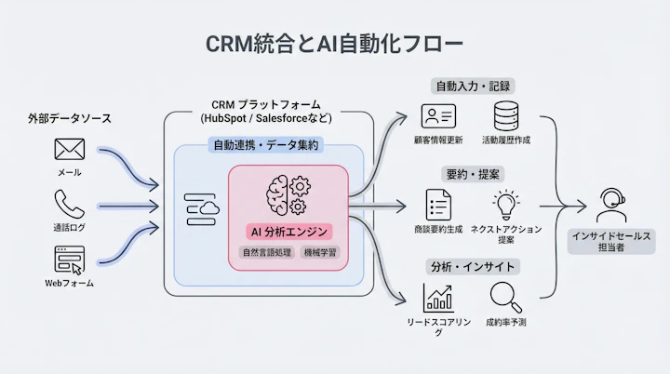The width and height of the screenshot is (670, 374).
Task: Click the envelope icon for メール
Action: click(69, 149)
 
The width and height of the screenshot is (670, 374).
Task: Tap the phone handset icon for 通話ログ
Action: click(69, 204)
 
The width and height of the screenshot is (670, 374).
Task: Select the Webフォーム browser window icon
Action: click(69, 259)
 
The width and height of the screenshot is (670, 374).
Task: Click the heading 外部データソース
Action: click(69, 118)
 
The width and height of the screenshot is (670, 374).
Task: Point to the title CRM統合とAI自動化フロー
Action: click(334, 44)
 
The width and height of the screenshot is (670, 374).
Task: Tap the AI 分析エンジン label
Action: click(288, 231)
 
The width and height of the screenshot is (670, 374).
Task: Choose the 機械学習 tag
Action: click(319, 252)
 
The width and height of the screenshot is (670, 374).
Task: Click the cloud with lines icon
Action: click(201, 209)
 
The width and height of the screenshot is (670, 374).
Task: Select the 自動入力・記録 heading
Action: click(474, 87)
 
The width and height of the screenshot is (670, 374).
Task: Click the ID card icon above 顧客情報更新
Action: click(438, 117)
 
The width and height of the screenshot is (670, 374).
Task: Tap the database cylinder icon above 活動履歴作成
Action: click(506, 117)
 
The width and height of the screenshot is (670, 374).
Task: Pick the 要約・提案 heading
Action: click(474, 174)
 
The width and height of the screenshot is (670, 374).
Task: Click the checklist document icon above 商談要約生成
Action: click(438, 205)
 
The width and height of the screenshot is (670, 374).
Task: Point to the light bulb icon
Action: click(506, 204)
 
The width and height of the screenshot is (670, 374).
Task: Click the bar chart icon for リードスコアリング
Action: click(438, 296)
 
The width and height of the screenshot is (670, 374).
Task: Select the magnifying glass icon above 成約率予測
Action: click(505, 296)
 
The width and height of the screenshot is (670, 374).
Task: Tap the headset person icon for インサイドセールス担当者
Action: click(610, 203)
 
